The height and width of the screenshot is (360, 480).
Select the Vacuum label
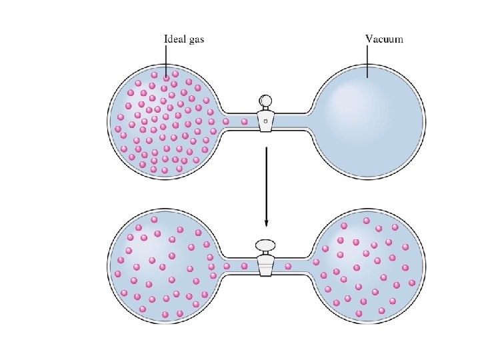tap(384, 39)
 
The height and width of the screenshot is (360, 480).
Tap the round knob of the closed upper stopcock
tap(266, 101)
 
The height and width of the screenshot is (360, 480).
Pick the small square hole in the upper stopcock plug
tap(265, 121)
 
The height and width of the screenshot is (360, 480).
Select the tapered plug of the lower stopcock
tap(266, 267)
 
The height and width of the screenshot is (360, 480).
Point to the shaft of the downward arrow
tap(266, 180)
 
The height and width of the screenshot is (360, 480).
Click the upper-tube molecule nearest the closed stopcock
tap(244, 121)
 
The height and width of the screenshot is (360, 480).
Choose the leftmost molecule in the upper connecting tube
tap(226, 121)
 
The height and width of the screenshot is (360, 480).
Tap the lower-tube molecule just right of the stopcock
tap(287, 267)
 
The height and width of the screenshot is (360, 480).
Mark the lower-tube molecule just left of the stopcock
tap(245, 266)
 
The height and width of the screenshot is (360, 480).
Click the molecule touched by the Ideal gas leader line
tap(166, 78)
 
